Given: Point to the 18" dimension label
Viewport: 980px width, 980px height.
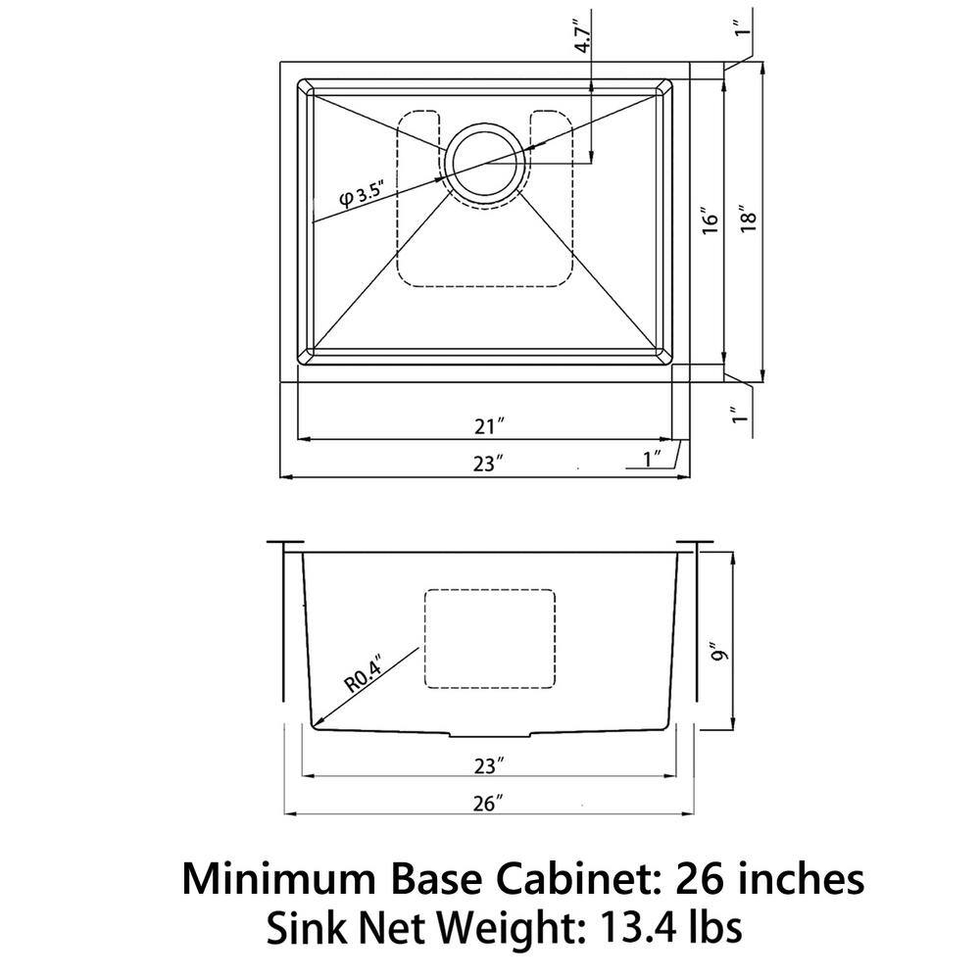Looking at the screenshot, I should (750, 220).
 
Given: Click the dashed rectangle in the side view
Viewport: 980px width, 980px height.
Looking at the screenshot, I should (489, 637).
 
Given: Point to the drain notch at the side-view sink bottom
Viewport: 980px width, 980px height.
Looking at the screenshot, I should (489, 733).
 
